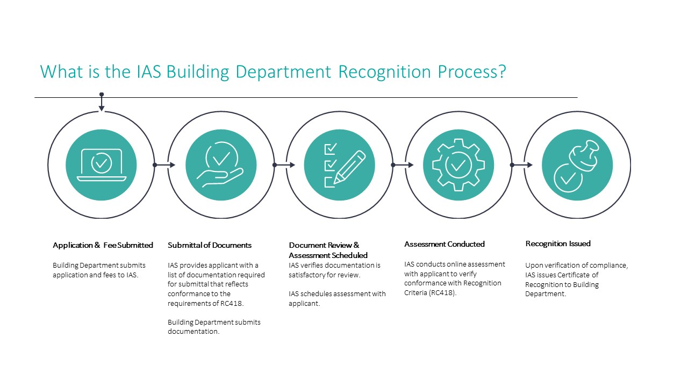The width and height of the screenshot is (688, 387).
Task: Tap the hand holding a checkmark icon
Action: click(220, 164)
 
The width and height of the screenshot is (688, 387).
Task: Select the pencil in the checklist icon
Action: click(349, 167)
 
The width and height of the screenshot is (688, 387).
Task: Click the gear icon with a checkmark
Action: click(458, 165)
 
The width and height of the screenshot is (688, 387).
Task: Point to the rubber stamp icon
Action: click(577, 166)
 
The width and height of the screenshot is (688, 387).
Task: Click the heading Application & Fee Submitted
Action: click(103, 245)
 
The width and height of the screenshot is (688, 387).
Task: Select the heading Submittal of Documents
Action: click(210, 245)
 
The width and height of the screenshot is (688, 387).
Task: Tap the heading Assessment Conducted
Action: click(445, 244)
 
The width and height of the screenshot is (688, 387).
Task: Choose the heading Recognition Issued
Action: click(558, 243)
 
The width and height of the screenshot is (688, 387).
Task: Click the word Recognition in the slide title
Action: click(384, 72)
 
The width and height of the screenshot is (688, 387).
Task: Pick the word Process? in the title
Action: click(472, 72)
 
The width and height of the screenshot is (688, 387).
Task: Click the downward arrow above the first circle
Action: click(102, 102)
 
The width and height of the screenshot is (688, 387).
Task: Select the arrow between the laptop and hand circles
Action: click(164, 165)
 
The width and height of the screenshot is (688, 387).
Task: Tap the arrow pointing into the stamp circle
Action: click(521, 165)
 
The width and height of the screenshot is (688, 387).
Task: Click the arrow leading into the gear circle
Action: click(403, 165)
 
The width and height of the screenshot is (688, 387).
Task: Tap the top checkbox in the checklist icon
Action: click(330, 149)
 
